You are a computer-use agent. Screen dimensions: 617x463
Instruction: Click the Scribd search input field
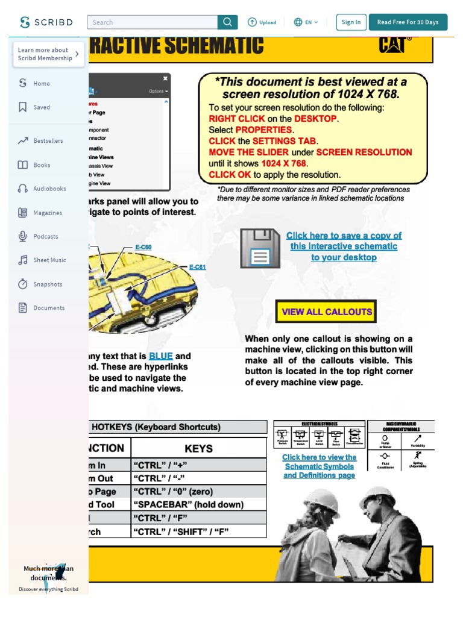point(152,22)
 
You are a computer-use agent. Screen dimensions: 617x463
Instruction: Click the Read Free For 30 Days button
point(408,22)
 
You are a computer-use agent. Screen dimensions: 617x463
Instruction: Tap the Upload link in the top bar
point(262,22)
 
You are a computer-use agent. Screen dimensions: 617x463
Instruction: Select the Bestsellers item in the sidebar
point(48,141)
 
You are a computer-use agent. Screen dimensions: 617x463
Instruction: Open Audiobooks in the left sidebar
point(49,189)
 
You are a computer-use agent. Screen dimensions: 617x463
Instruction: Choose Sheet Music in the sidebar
point(49,260)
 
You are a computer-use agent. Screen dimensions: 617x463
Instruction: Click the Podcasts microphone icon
point(23,236)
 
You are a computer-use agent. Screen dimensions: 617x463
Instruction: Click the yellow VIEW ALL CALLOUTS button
point(327,312)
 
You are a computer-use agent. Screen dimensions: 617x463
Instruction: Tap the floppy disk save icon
point(260,248)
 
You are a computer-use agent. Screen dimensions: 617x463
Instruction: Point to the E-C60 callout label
point(143,247)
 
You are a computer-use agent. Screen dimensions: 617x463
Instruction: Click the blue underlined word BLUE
point(161,356)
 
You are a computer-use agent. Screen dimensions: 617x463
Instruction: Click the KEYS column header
point(198,448)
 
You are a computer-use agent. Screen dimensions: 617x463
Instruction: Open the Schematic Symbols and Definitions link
point(319,466)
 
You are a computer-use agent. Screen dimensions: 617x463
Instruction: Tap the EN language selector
point(306,22)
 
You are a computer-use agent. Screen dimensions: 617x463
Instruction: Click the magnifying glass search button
point(227,22)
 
